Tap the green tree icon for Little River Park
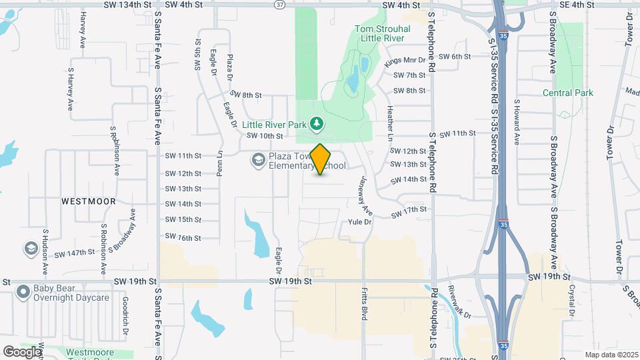[x=317, y=123]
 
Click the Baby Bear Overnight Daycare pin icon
[x=24, y=292]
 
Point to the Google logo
[x=21, y=351]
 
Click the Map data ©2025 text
[x=611, y=355]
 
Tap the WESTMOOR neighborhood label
[x=89, y=201]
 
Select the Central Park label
[x=567, y=93]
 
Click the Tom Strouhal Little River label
[x=379, y=33]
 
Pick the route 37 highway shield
[x=279, y=5]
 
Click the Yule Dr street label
[x=359, y=221]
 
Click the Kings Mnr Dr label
[x=405, y=61]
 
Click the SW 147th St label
[x=75, y=253]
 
